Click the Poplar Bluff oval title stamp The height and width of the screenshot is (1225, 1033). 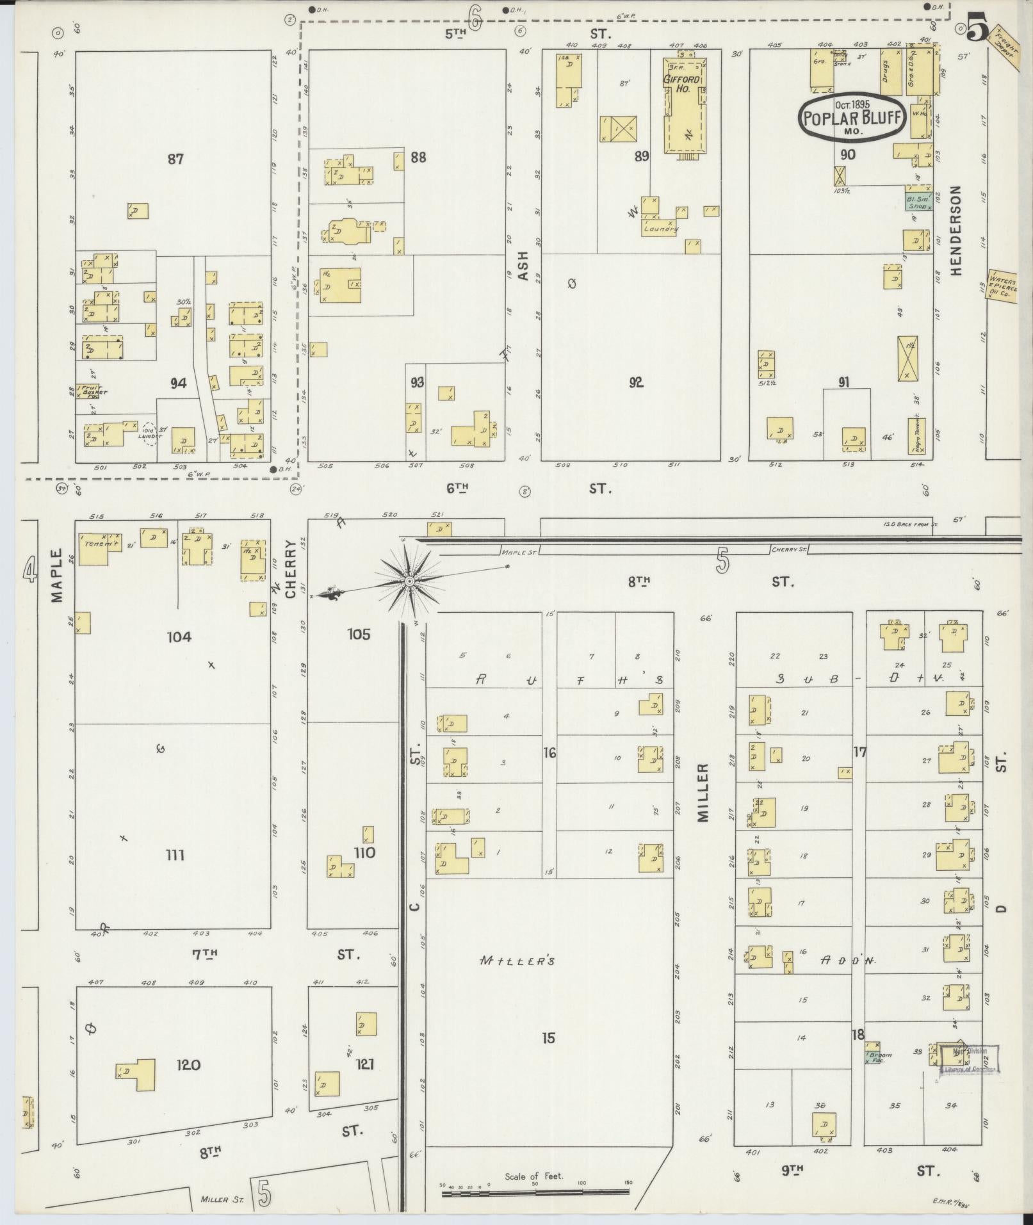coord(852,117)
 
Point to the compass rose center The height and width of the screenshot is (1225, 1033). coord(409,581)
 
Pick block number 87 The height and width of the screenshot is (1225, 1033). coord(175,158)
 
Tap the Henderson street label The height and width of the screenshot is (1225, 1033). coord(957,231)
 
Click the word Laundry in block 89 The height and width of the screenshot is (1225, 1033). coord(660,228)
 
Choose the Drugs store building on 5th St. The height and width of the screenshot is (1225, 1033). coord(888,71)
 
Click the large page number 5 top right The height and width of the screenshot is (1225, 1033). coord(978,28)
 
